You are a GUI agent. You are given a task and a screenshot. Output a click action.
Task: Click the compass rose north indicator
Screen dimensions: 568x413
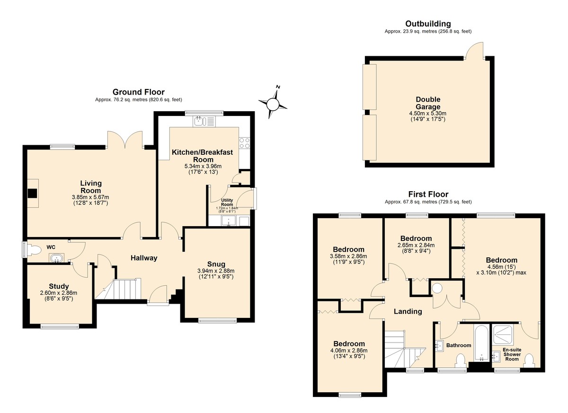tap(278, 87)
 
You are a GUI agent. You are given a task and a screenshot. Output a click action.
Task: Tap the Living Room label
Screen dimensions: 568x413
tap(91, 187)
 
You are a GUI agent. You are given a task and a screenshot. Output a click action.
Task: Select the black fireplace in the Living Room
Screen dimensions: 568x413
tap(33, 193)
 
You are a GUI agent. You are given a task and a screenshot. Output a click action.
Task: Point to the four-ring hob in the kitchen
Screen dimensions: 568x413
tap(244, 143)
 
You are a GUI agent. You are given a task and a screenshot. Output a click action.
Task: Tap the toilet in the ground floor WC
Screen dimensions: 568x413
tap(34, 250)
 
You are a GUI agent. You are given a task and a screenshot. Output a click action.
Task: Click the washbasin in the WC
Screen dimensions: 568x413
tap(56, 258)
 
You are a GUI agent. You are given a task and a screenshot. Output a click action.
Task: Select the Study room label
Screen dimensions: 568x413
tap(59, 286)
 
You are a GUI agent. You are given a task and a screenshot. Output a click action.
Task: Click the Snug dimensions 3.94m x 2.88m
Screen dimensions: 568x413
tap(216, 271)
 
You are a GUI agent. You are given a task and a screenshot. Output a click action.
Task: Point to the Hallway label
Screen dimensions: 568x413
tap(144, 258)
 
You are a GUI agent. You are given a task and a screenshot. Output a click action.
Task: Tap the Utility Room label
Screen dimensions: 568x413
tap(227, 202)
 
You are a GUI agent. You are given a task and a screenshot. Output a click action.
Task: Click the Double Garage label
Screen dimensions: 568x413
tap(428, 103)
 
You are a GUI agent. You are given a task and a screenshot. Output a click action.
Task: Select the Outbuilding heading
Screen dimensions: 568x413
tap(428, 24)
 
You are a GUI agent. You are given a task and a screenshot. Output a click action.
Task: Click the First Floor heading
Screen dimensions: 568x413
tap(428, 194)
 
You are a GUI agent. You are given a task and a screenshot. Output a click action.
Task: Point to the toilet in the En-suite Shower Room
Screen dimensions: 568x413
tap(529, 361)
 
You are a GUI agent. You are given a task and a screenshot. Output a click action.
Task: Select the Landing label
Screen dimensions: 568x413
tap(408, 311)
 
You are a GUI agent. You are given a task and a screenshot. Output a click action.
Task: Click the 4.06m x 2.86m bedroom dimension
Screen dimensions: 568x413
tap(349, 351)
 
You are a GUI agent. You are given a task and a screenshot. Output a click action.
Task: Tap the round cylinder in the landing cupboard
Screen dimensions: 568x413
tap(437, 288)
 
